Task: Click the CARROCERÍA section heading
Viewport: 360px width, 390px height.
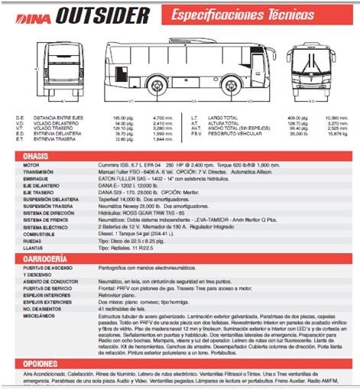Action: coord(47,258)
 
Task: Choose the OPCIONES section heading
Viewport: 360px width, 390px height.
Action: coord(41,363)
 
